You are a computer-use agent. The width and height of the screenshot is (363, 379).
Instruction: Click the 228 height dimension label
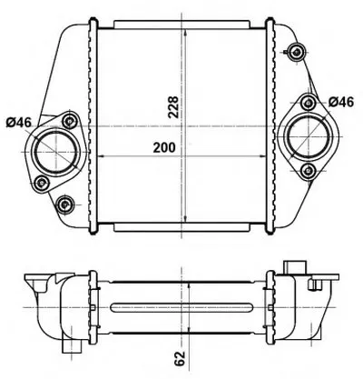(173, 107)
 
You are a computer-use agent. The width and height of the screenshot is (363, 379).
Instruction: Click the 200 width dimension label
(164, 147)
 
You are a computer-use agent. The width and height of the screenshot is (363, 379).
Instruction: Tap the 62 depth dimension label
(180, 358)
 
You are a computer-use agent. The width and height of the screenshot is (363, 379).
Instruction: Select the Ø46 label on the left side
(19, 123)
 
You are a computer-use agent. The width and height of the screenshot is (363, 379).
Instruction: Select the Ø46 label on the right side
(341, 102)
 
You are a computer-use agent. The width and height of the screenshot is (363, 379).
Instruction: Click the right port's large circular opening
(309, 137)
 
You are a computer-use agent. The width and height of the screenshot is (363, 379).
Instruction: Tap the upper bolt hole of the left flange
(70, 122)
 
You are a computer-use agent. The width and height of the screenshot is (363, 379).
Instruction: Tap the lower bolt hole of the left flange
(42, 183)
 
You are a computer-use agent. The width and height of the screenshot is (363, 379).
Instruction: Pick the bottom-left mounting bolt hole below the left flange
(64, 204)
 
